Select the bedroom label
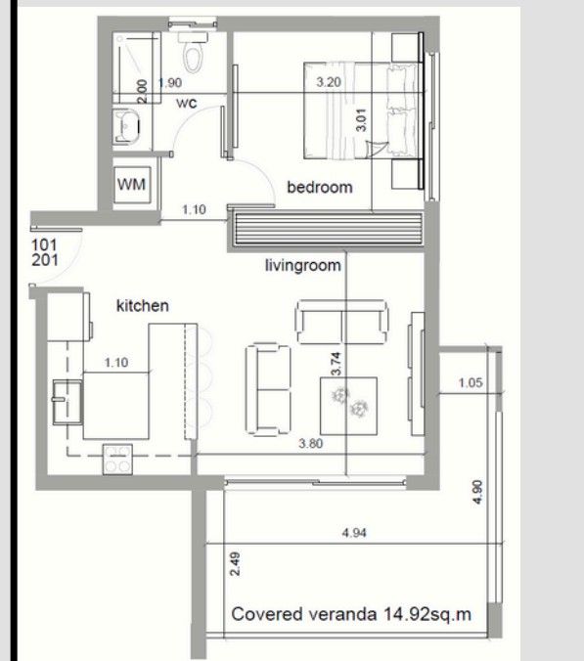(319, 187)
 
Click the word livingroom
(302, 264)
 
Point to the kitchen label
(143, 306)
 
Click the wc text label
(188, 103)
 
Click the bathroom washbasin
(129, 127)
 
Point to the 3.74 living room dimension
(336, 365)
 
